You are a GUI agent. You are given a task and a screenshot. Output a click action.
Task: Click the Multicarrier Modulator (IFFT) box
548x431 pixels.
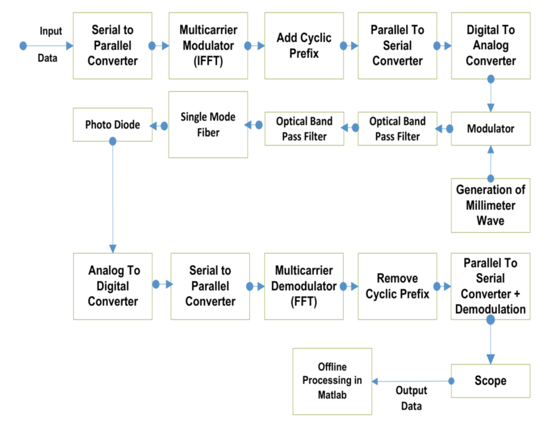coord(208,46)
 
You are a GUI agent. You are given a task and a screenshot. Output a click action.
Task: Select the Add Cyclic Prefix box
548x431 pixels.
coord(304,46)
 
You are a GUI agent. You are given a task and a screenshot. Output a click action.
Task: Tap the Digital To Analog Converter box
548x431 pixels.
coord(491,46)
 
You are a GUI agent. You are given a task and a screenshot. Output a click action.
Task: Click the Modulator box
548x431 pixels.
coord(491,129)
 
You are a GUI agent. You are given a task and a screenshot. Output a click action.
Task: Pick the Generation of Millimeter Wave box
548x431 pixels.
coord(491,205)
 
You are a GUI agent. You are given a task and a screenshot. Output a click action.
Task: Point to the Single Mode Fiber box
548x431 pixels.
coord(208,125)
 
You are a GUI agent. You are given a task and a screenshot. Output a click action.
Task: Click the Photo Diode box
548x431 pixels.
coord(113,125)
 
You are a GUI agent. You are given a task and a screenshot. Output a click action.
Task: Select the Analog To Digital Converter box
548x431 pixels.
coord(113,286)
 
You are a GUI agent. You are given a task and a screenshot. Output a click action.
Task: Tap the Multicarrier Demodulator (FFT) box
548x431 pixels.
coord(304,286)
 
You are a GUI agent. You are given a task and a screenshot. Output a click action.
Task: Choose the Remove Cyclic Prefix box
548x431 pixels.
coord(397,286)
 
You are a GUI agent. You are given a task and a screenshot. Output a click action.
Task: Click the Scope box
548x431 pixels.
coord(491,381)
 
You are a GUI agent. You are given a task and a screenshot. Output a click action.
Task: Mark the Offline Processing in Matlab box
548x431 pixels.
coord(332,381)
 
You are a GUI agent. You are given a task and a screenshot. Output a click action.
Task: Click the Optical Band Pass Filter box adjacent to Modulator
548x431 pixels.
coord(397,129)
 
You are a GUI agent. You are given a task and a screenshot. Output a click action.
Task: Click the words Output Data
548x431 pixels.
coord(411,398)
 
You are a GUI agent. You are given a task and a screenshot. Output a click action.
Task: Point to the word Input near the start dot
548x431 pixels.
coord(51,31)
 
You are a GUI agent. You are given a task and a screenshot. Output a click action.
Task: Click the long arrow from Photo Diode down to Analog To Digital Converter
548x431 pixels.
coord(113,197)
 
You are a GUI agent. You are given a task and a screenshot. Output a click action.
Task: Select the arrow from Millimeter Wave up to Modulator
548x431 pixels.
coord(491,164)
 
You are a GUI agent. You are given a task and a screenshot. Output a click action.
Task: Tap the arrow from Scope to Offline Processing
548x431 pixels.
coord(411,382)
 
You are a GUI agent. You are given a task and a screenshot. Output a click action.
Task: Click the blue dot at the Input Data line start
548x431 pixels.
coord(23,46)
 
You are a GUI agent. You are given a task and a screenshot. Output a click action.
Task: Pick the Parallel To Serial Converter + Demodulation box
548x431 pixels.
coord(491,286)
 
